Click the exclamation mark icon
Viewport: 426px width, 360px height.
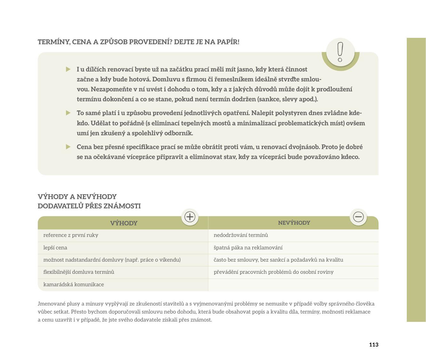[x=340, y=52]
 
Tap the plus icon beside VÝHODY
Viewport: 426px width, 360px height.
[x=190, y=217]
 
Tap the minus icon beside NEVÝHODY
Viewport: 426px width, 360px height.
[x=358, y=217]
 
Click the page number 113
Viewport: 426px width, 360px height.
[x=373, y=345]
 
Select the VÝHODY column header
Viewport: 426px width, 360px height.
[x=124, y=223]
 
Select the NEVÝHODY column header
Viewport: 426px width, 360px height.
[x=294, y=223]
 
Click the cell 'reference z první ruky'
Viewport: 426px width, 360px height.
[x=71, y=235]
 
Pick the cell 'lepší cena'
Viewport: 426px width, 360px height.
[x=55, y=248]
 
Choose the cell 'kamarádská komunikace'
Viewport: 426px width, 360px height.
[x=73, y=285]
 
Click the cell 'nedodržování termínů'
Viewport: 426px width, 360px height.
[x=241, y=235]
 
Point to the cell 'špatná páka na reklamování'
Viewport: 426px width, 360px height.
[x=248, y=248]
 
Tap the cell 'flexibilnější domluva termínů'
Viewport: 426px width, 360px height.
[x=79, y=272]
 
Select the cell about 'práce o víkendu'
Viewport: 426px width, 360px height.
[x=112, y=260]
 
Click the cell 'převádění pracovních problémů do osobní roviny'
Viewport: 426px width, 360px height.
[x=273, y=272]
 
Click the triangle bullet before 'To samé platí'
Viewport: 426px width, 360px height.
[x=68, y=113]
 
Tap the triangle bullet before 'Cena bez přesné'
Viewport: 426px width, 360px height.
[x=68, y=147]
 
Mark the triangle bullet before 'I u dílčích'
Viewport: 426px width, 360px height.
[x=68, y=69]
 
